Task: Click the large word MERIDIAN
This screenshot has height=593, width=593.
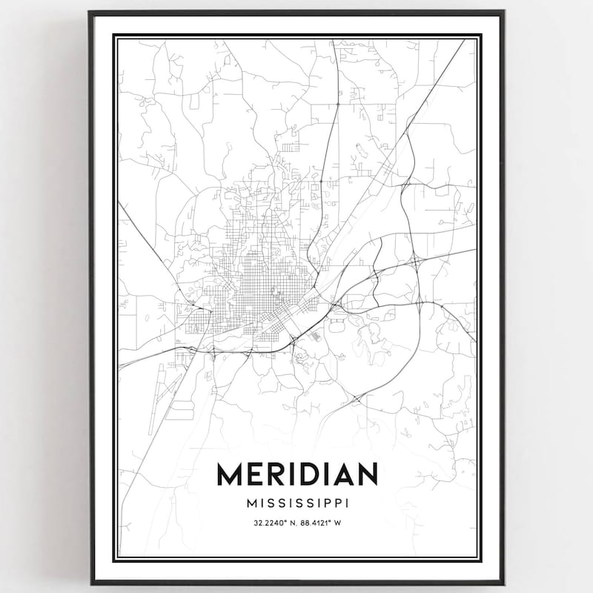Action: (296, 475)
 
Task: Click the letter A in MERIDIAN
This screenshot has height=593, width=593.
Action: (342, 475)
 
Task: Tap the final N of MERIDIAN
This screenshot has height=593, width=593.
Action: (367, 475)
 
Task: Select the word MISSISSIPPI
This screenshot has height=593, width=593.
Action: (296, 503)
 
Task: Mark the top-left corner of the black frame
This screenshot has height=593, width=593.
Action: (90, 12)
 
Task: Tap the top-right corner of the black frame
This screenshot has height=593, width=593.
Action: (505, 12)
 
